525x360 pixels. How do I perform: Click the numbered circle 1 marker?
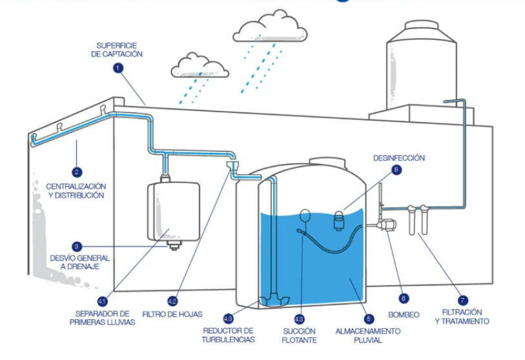pyautogui.click(x=118, y=67)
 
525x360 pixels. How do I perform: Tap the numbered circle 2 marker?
pyautogui.click(x=77, y=172)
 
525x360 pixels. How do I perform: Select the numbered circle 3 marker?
pyautogui.click(x=77, y=246)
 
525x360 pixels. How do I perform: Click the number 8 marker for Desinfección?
pyautogui.click(x=396, y=170)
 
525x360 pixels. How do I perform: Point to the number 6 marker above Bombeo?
pyautogui.click(x=404, y=299)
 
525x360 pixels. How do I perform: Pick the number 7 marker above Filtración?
pyautogui.click(x=462, y=300)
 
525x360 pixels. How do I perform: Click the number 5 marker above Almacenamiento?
pyautogui.click(x=368, y=318)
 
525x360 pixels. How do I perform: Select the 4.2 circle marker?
pyautogui.click(x=172, y=301)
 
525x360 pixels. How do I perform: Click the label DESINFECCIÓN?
pyautogui.click(x=398, y=157)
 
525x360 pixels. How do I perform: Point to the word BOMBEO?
pyautogui.click(x=405, y=315)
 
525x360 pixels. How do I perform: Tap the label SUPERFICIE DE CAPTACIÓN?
pyautogui.click(x=119, y=50)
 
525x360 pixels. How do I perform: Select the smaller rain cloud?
pyautogui.click(x=195, y=65)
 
